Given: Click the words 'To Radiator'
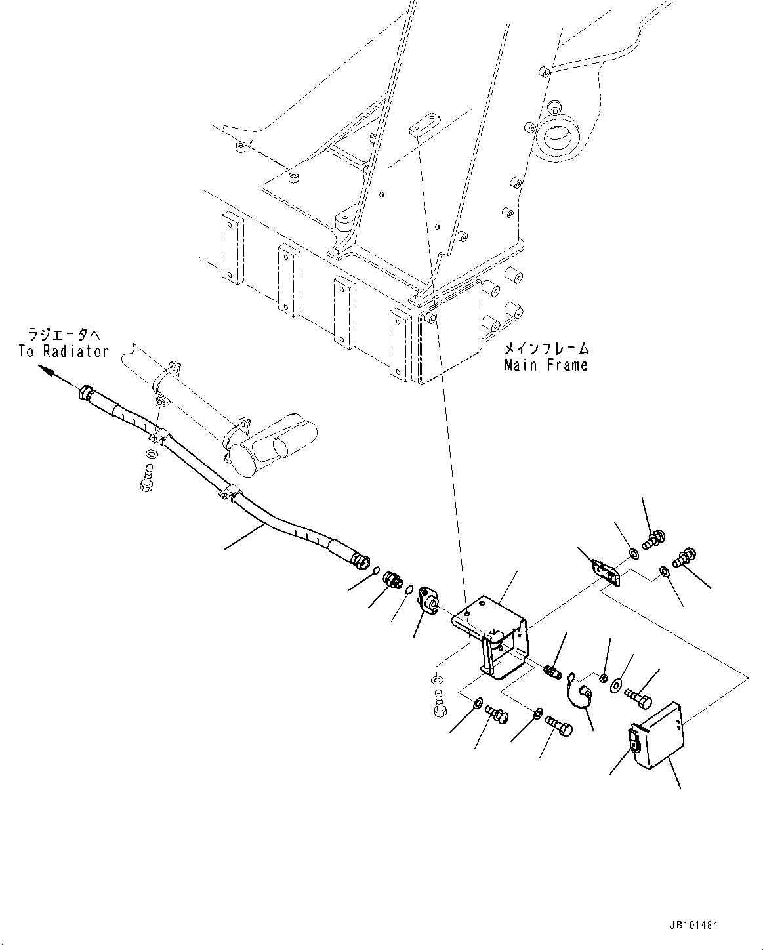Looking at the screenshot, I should tap(63, 352).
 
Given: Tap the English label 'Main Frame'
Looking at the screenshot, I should tap(546, 365).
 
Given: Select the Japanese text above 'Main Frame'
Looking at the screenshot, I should tap(546, 348).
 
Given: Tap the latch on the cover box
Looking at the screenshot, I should tap(634, 743).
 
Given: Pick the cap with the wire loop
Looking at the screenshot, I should tap(583, 692).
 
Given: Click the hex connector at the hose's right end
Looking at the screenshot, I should tap(360, 560).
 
